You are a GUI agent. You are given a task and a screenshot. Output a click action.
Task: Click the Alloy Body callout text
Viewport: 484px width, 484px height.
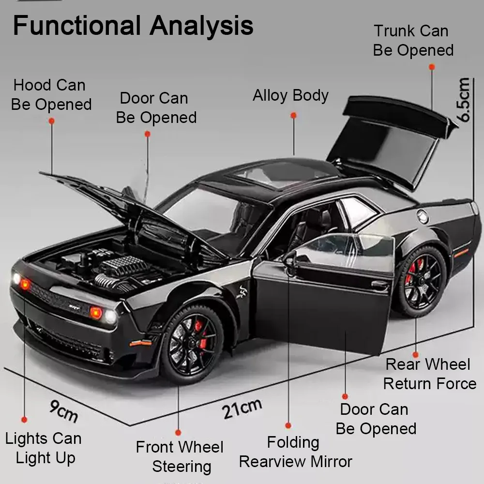290,95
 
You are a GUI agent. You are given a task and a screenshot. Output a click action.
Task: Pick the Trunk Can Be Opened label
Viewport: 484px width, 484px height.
413,41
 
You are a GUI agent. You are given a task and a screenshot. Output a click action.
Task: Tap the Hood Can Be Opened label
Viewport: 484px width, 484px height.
51,95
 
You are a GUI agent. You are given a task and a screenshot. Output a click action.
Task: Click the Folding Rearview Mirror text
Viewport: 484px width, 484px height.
295,452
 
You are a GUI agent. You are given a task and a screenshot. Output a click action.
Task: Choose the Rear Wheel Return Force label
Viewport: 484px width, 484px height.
429,374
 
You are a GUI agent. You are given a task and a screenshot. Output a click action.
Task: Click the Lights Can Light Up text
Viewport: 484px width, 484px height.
44,448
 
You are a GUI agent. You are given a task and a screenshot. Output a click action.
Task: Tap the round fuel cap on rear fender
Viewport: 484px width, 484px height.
423,216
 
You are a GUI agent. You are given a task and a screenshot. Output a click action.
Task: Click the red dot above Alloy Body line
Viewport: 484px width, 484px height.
293,115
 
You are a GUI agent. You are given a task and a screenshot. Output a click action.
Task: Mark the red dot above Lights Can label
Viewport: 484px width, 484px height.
24,419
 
